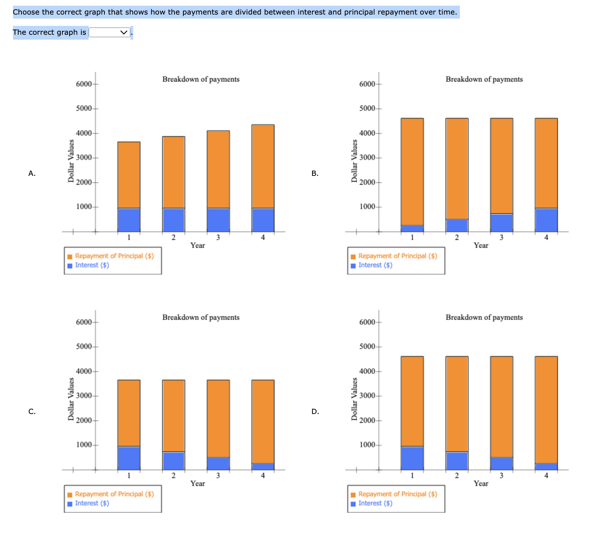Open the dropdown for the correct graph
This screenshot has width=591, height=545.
pyautogui.click(x=109, y=32)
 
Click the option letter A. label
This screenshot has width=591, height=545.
pyautogui.click(x=32, y=173)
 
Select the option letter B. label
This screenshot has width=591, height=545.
pyautogui.click(x=315, y=173)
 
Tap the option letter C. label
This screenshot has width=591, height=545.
pyautogui.click(x=32, y=412)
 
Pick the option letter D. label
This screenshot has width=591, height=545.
pyautogui.click(x=315, y=412)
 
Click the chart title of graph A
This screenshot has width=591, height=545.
pyautogui.click(x=201, y=79)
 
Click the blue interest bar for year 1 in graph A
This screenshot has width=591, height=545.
pyautogui.click(x=129, y=220)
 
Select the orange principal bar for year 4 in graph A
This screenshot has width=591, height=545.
pyautogui.click(x=263, y=166)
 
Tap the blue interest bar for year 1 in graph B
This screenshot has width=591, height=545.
pyautogui.click(x=412, y=228)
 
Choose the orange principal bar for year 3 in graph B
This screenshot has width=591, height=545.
pyautogui.click(x=502, y=166)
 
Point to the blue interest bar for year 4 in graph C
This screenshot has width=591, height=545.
pyautogui.click(x=263, y=467)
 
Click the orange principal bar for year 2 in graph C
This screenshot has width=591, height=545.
pyautogui.click(x=174, y=416)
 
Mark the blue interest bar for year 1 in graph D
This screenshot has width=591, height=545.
pyautogui.click(x=412, y=458)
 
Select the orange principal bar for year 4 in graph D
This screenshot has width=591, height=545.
pyautogui.click(x=546, y=410)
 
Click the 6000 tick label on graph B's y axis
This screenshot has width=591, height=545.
pyautogui.click(x=367, y=84)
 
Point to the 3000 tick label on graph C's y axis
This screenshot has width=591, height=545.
pyautogui.click(x=84, y=396)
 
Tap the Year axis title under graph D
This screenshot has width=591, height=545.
pyautogui.click(x=481, y=484)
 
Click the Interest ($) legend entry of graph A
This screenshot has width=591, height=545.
pyautogui.click(x=92, y=265)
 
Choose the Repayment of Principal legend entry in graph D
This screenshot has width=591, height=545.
pyautogui.click(x=398, y=494)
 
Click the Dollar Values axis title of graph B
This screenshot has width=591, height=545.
pyautogui.click(x=355, y=161)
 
